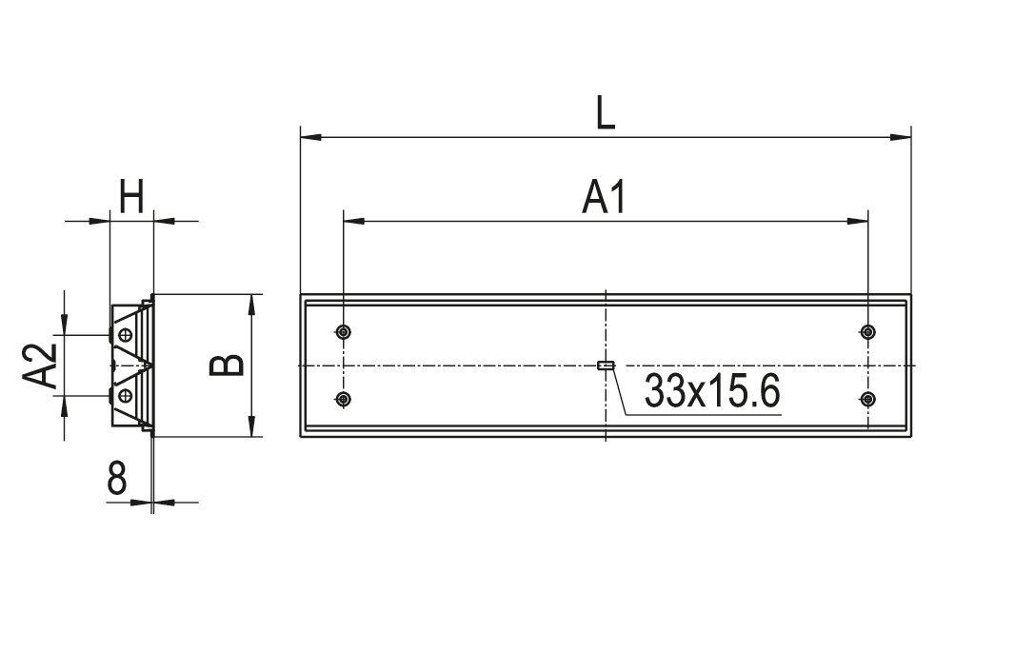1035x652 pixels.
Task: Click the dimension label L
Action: coord(605,113)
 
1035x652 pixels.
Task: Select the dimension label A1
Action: coord(604,197)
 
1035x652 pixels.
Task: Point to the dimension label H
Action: coord(131,197)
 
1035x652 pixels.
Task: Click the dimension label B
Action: coord(227,365)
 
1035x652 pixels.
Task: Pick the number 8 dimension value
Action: coord(117,478)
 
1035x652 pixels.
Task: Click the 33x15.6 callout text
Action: coord(712,390)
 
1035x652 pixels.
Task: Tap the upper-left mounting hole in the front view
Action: coord(343,331)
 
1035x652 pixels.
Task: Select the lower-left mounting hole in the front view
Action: coord(343,399)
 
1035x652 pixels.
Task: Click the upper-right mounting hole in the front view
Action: coord(868,331)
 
